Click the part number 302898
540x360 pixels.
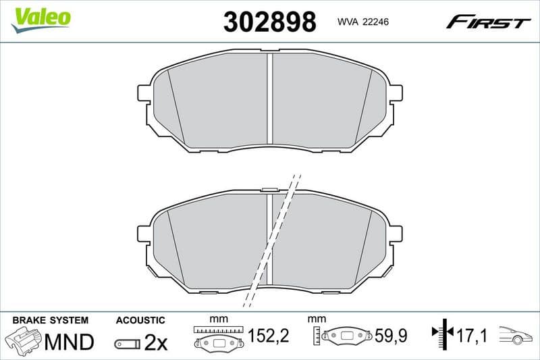click(269, 22)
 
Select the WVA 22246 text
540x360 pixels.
click(362, 22)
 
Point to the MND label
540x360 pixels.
click(69, 342)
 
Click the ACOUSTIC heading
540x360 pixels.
click(140, 319)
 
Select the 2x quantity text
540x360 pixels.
click(155, 342)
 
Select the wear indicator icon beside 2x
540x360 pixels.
click(127, 343)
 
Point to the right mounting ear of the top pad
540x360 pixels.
click(396, 93)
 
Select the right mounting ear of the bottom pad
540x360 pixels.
click(396, 234)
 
